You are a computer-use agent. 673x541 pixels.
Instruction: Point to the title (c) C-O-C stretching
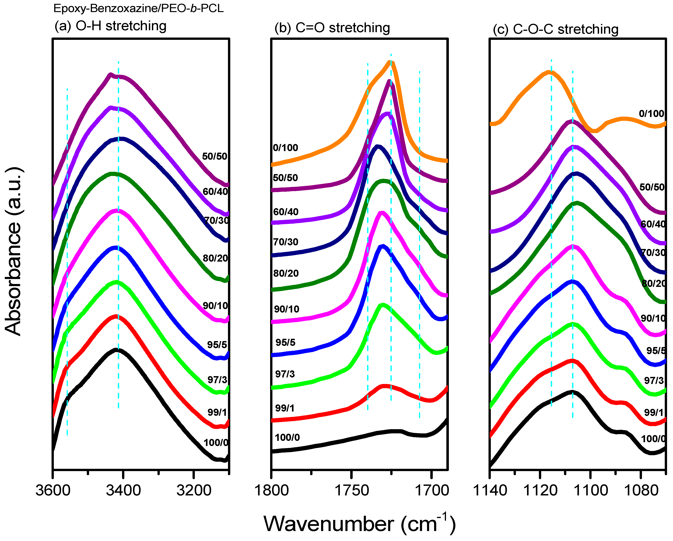click(556, 29)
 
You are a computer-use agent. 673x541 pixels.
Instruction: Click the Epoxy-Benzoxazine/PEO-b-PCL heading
click(139, 8)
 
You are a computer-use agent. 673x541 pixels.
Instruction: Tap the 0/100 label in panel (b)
click(285, 148)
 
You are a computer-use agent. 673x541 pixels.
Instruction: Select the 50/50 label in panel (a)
click(215, 156)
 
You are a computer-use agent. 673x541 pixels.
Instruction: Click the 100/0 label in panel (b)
click(287, 437)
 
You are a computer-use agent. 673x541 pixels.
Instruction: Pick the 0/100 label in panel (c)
click(652, 114)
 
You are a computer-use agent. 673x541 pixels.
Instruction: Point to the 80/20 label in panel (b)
click(286, 273)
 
